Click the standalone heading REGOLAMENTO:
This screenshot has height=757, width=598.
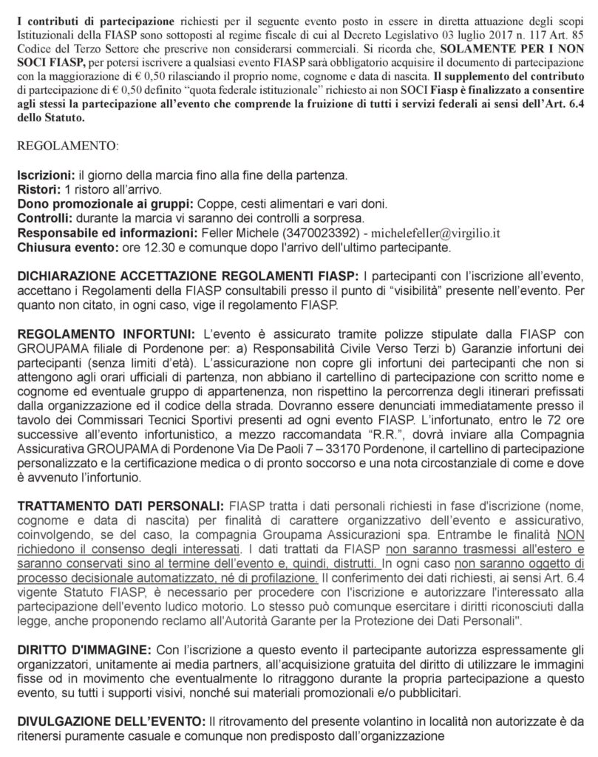coord(64,147)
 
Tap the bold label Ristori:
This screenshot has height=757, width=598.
coord(35,190)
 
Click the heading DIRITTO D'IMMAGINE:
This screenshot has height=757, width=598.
coord(81,648)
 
